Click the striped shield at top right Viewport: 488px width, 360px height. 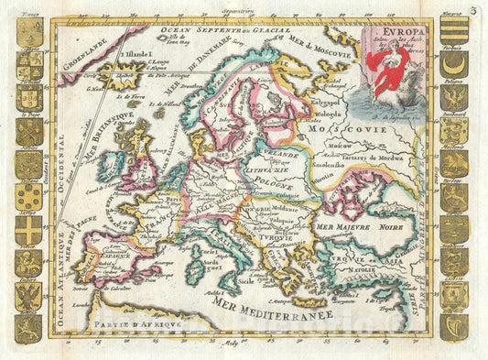[x=453, y=31]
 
